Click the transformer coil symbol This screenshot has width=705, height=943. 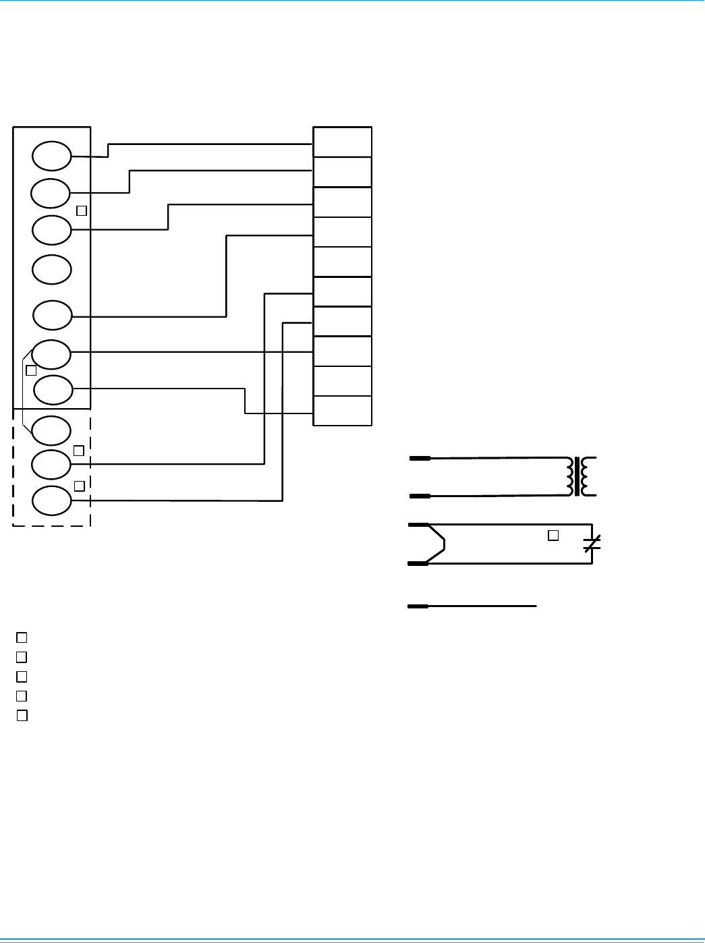pyautogui.click(x=582, y=476)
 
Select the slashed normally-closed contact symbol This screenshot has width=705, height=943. pyautogui.click(x=592, y=544)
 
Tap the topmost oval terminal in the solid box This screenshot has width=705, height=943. pyautogui.click(x=52, y=156)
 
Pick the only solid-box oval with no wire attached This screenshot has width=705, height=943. pyautogui.click(x=52, y=269)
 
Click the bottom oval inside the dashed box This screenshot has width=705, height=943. pyautogui.click(x=51, y=501)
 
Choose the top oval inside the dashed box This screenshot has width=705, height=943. pyautogui.click(x=51, y=430)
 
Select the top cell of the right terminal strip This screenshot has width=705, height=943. pyautogui.click(x=343, y=142)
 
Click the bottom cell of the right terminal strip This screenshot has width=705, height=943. pyautogui.click(x=343, y=411)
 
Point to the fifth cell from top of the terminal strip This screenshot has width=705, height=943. pyautogui.click(x=343, y=262)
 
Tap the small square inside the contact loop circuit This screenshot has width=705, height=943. pyautogui.click(x=553, y=536)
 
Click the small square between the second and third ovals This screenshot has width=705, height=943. pyautogui.click(x=82, y=210)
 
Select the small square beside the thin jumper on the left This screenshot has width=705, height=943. pyautogui.click(x=31, y=370)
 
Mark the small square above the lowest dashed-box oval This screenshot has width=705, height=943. pyautogui.click(x=79, y=486)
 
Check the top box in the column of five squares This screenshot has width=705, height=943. pyautogui.click(x=22, y=637)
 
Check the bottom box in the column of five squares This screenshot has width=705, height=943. pyautogui.click(x=22, y=716)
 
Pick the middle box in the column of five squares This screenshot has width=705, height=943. pyautogui.click(x=22, y=676)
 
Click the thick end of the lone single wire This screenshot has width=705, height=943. pyautogui.click(x=418, y=606)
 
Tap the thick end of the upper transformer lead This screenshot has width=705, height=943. pyautogui.click(x=420, y=459)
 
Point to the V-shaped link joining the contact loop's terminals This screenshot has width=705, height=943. pyautogui.click(x=437, y=544)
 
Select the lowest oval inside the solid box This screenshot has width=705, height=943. pyautogui.click(x=53, y=389)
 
